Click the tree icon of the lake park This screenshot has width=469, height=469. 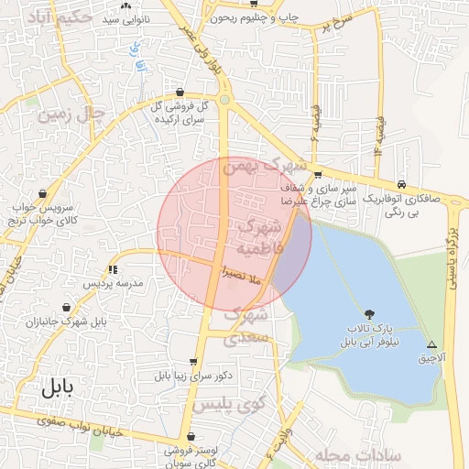(370, 313)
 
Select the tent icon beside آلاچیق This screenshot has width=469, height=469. (431, 344)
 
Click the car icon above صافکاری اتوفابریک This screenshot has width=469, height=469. (403, 182)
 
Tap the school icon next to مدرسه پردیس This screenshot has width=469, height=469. (113, 269)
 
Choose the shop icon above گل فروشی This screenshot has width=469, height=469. (180, 93)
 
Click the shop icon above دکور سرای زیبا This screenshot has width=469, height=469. (192, 362)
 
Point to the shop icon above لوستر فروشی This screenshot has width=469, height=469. (190, 437)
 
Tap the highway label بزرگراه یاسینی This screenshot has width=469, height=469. (453, 247)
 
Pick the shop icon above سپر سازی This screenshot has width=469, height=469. (317, 174)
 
